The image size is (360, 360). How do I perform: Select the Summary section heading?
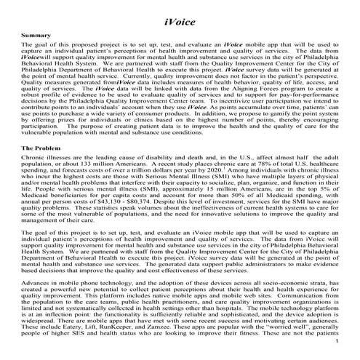[x=36, y=35]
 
